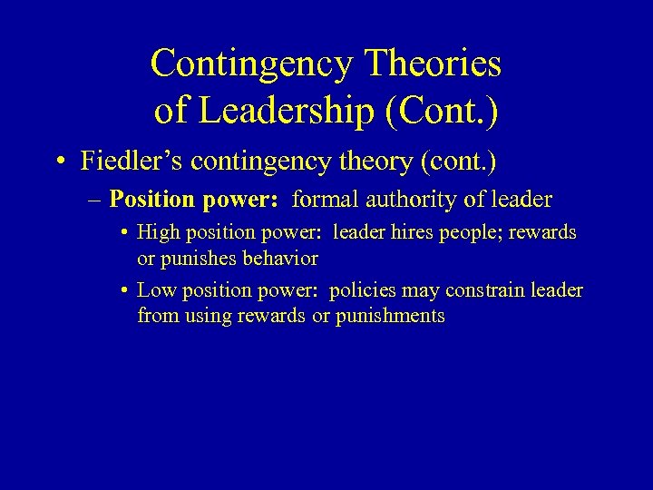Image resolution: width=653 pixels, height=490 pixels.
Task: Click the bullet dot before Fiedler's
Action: point(57,162)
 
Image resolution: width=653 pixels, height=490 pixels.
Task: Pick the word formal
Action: point(324,199)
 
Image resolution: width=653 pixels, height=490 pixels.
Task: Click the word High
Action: point(157,232)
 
